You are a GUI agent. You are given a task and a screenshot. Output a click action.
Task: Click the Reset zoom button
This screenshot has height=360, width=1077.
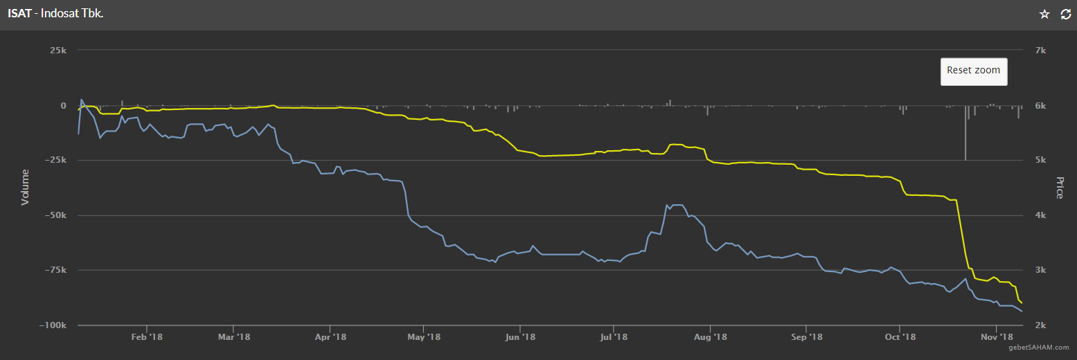973,71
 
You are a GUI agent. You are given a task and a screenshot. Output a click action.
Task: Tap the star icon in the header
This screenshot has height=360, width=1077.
1044,15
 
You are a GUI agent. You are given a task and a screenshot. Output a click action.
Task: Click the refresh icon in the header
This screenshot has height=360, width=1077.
1066,15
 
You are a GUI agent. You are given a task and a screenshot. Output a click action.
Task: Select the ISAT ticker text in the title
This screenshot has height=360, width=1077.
19,15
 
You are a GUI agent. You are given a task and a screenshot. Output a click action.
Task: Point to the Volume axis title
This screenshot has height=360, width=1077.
26,187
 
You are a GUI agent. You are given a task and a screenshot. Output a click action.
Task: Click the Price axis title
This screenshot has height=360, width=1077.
1059,188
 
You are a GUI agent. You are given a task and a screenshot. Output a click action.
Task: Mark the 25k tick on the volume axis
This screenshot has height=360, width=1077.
57,51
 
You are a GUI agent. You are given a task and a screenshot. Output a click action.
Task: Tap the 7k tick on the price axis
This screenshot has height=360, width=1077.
1041,51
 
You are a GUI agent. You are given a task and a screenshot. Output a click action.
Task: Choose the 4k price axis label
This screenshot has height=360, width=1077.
1041,215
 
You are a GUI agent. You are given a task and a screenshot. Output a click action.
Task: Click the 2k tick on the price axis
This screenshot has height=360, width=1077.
1041,325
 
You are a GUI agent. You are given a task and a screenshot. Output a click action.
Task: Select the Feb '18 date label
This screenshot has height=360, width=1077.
147,337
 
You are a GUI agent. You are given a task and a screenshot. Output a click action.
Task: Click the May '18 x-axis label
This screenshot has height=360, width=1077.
425,337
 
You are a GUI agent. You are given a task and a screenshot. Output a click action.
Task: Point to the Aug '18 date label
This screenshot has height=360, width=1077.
711,337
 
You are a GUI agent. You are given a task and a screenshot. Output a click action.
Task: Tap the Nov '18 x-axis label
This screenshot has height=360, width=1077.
996,337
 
